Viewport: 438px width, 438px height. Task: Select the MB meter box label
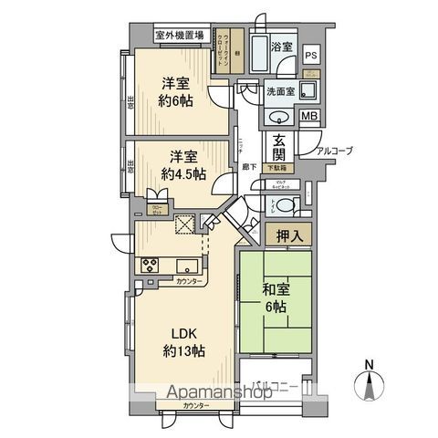(310, 116)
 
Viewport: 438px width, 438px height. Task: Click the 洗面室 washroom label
(280, 92)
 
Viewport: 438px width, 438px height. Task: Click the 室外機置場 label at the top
(179, 36)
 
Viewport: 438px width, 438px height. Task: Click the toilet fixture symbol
(287, 205)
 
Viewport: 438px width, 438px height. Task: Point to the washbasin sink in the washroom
(278, 117)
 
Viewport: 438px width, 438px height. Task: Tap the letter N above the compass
(370, 366)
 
